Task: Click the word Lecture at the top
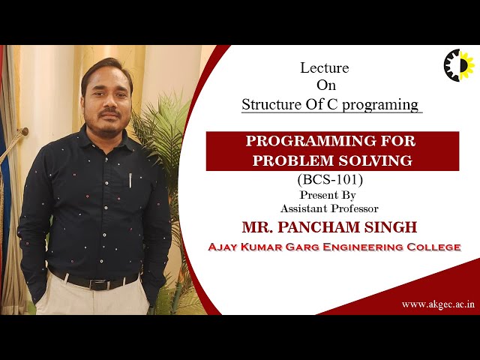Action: (x=324, y=67)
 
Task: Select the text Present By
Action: (x=329, y=195)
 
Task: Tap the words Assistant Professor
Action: (x=329, y=208)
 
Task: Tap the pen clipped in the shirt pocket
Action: (x=130, y=180)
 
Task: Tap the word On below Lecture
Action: (x=326, y=85)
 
